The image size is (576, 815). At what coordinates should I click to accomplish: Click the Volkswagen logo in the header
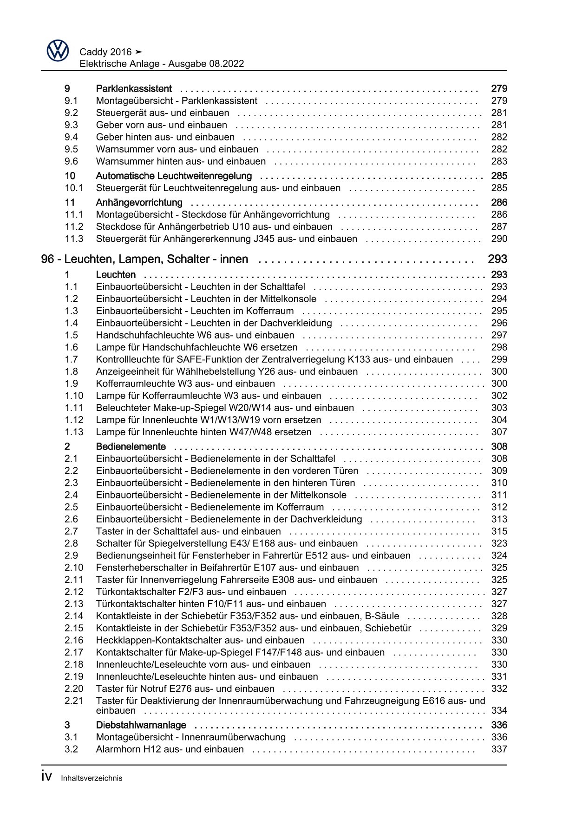click(58, 51)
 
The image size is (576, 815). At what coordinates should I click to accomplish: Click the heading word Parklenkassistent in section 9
click(134, 89)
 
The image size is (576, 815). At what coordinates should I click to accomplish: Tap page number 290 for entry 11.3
click(499, 239)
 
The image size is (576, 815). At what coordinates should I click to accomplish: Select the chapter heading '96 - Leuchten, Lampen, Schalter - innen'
click(144, 259)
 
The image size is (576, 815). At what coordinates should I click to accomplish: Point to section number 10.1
click(74, 188)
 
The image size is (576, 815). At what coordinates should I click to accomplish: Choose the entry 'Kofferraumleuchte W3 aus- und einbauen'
click(185, 384)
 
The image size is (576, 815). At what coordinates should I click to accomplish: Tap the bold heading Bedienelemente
click(131, 447)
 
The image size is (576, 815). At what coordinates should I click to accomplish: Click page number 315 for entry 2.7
click(499, 531)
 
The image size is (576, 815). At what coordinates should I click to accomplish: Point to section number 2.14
click(74, 616)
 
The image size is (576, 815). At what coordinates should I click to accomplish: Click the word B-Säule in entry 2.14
click(382, 616)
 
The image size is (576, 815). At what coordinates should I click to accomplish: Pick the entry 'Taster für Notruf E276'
click(185, 689)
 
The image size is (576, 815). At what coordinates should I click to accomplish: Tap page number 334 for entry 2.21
click(499, 710)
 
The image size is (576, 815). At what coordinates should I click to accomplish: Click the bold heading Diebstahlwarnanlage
click(141, 725)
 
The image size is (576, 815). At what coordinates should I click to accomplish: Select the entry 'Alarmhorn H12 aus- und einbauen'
click(170, 749)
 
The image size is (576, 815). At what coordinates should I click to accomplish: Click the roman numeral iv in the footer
click(46, 776)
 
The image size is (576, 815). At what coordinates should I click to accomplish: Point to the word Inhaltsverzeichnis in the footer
click(92, 778)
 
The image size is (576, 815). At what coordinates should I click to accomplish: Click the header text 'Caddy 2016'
click(105, 52)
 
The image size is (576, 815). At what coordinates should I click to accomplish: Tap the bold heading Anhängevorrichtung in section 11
click(139, 203)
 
